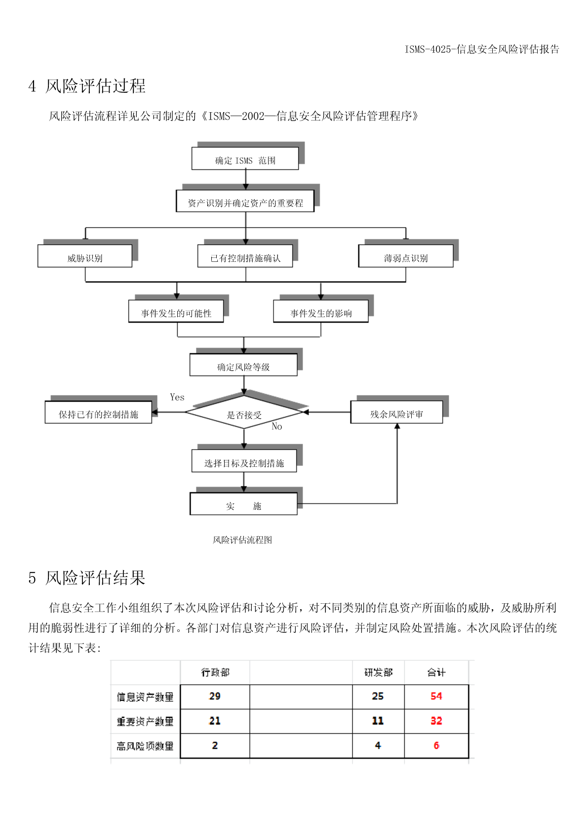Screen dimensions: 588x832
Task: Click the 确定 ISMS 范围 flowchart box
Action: pyautogui.click(x=245, y=159)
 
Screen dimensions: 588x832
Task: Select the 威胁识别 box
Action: pyautogui.click(x=85, y=256)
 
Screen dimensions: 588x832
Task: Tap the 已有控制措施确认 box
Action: pyautogui.click(x=245, y=256)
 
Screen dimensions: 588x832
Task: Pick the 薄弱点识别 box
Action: pyautogui.click(x=406, y=256)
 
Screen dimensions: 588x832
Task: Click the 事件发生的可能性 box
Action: pyautogui.click(x=176, y=311)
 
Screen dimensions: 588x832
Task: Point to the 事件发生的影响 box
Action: pyautogui.click(x=321, y=311)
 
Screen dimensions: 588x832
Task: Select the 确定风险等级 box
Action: pyautogui.click(x=243, y=365)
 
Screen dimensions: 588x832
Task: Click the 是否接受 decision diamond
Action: pyautogui.click(x=244, y=412)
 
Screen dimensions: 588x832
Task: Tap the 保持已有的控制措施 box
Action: pyautogui.click(x=98, y=412)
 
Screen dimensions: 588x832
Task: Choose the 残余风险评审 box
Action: pyautogui.click(x=396, y=412)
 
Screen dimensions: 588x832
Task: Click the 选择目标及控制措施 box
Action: pyautogui.click(x=244, y=461)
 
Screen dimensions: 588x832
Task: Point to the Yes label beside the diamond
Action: pyautogui.click(x=177, y=397)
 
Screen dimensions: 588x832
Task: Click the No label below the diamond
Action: pyautogui.click(x=277, y=426)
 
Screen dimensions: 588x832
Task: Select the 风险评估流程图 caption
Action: pyautogui.click(x=242, y=540)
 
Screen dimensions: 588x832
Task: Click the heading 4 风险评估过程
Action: pyautogui.click(x=87, y=86)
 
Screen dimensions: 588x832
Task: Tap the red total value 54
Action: pyautogui.click(x=436, y=696)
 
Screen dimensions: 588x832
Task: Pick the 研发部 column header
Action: pyautogui.click(x=378, y=672)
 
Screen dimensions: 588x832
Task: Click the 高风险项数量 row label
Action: pyautogui.click(x=145, y=746)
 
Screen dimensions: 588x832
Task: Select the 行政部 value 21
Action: pyautogui.click(x=215, y=721)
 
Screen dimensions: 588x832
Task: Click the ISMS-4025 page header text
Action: pyautogui.click(x=482, y=49)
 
